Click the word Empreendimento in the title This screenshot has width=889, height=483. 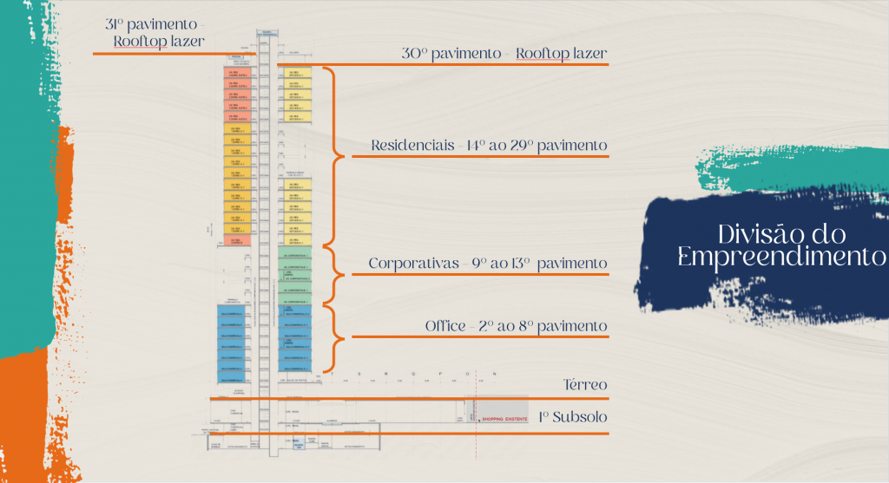pos(781,258)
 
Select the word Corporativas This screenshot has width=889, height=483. pos(412,263)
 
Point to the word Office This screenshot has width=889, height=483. pos(445,326)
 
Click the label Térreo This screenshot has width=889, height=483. pos(585,384)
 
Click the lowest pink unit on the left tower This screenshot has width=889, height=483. pos(234,239)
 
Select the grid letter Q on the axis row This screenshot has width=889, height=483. pos(415,375)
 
